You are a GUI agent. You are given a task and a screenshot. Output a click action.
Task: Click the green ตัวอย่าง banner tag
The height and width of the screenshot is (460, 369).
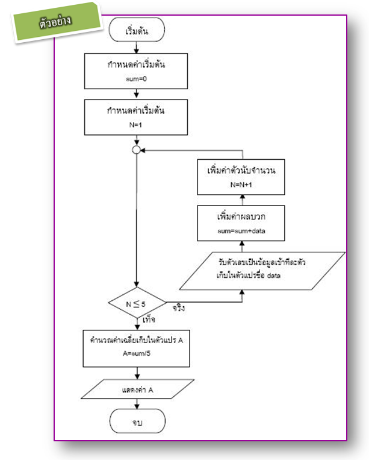click(x=58, y=22)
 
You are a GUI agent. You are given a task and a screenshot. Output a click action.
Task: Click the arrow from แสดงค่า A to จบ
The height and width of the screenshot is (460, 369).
click(x=137, y=406)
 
